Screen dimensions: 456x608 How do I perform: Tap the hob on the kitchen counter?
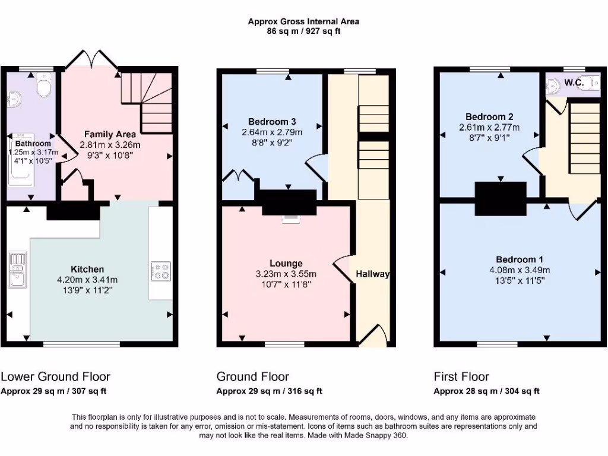pyautogui.click(x=161, y=271)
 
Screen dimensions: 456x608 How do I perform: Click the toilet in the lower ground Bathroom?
pyautogui.click(x=43, y=87)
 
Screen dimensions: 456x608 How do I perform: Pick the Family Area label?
pyautogui.click(x=110, y=134)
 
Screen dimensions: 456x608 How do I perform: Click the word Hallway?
pyautogui.click(x=372, y=274)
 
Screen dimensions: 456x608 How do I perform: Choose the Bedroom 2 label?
pyautogui.click(x=489, y=116)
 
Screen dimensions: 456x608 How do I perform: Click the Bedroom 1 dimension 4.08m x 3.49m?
pyautogui.click(x=520, y=270)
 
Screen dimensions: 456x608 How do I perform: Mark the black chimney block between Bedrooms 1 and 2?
pyautogui.click(x=500, y=198)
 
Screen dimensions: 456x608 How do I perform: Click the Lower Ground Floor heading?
pyautogui.click(x=55, y=376)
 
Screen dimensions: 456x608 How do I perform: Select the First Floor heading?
pyautogui.click(x=461, y=376)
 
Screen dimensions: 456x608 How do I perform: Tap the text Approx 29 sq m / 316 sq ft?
pyautogui.click(x=269, y=391)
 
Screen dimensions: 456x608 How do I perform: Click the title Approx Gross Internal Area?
pyautogui.click(x=303, y=21)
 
